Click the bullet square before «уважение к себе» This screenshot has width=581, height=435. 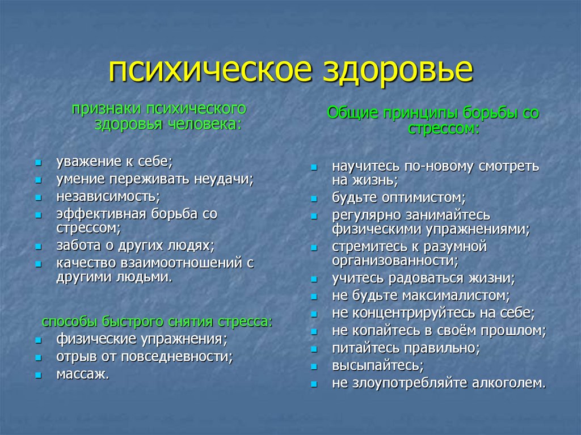pyautogui.click(x=37, y=163)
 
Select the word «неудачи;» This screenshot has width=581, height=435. pyautogui.click(x=224, y=179)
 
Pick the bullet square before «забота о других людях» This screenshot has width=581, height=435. pyautogui.click(x=37, y=247)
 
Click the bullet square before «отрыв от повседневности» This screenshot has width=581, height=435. pyautogui.click(x=37, y=358)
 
